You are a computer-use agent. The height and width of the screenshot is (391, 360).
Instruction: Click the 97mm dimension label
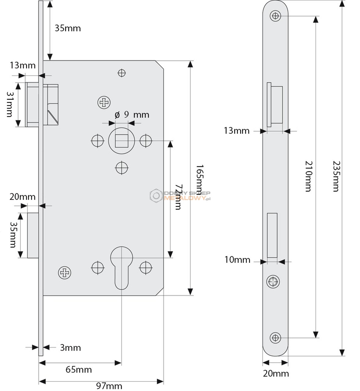point(109,386)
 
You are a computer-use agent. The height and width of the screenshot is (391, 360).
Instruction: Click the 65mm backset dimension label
point(79,370)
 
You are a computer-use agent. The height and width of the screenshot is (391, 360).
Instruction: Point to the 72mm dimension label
point(178,197)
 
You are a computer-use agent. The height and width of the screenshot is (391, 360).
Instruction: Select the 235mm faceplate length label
point(337,176)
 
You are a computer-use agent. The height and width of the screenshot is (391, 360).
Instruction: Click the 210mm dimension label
point(309,176)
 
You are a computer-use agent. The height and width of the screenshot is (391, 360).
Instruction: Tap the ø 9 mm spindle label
point(132,115)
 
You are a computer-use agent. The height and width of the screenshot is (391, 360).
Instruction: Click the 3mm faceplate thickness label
point(70,348)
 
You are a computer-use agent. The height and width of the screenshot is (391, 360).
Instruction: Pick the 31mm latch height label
point(9,104)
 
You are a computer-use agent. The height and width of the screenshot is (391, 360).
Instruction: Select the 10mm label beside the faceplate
point(237,260)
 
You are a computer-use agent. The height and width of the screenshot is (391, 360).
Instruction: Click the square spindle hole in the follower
point(121,141)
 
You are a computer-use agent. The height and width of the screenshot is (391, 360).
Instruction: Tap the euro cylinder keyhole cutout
point(121,268)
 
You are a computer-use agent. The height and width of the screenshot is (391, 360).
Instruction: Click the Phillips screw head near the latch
point(104,102)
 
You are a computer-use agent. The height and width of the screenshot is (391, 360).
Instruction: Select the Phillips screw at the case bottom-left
point(64,273)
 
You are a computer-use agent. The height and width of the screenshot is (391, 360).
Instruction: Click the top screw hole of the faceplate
point(275,16)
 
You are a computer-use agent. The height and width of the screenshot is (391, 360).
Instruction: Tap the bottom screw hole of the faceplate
point(275,338)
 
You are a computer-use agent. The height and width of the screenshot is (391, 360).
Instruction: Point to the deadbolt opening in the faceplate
point(272,235)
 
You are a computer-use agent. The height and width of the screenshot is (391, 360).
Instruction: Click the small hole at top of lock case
point(121,73)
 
